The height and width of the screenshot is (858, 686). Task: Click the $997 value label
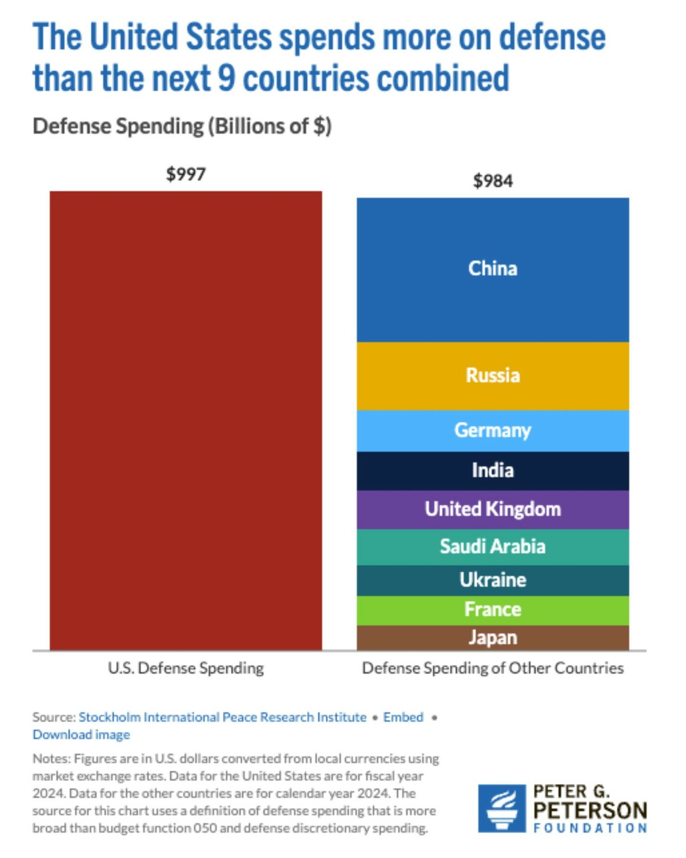coord(186,174)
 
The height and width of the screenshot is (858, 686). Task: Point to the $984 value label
coord(493,181)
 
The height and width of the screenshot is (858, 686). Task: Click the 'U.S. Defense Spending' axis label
coord(186,668)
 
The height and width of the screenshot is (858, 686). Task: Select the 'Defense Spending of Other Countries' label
coord(493,668)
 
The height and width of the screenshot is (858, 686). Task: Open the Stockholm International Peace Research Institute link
coord(222,717)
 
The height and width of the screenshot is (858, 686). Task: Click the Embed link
coord(403,717)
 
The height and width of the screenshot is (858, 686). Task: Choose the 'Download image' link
coord(81,735)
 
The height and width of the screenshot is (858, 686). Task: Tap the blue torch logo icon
coord(502,808)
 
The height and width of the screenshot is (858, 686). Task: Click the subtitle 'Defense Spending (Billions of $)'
coord(182,126)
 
